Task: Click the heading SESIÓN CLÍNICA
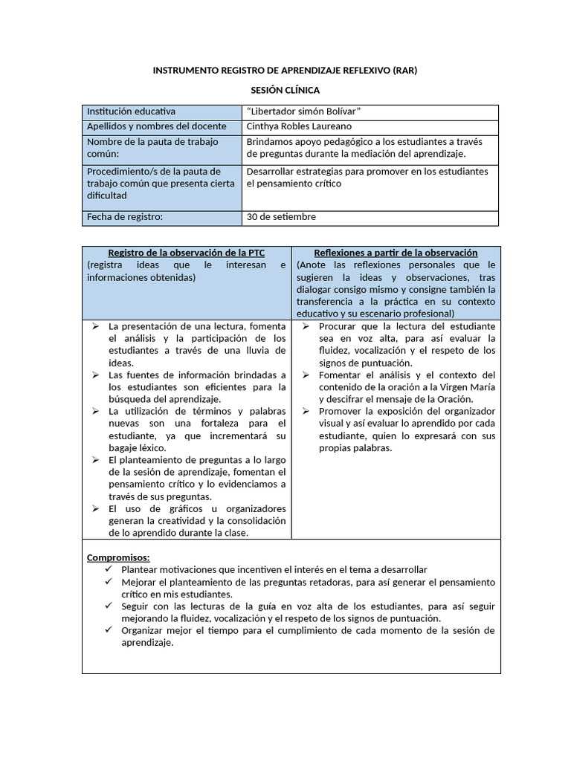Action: click(285, 91)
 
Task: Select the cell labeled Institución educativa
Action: click(132, 111)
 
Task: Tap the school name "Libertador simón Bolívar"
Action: click(303, 111)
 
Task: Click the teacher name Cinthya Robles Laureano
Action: click(300, 126)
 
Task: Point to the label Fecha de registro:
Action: click(124, 217)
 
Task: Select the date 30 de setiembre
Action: click(281, 217)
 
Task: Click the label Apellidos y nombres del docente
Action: click(156, 126)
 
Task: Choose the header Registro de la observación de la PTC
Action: click(186, 253)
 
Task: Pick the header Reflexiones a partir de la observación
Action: click(396, 253)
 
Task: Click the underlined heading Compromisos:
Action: click(118, 557)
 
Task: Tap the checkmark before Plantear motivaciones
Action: click(109, 569)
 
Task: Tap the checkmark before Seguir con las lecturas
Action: click(109, 606)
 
